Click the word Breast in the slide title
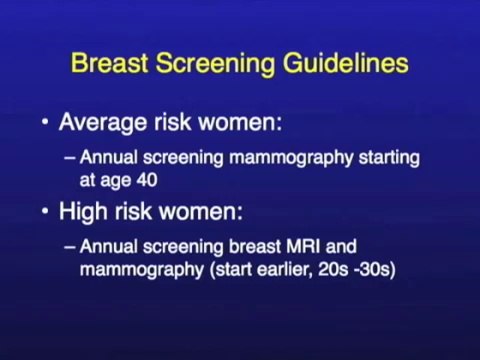click(107, 64)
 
